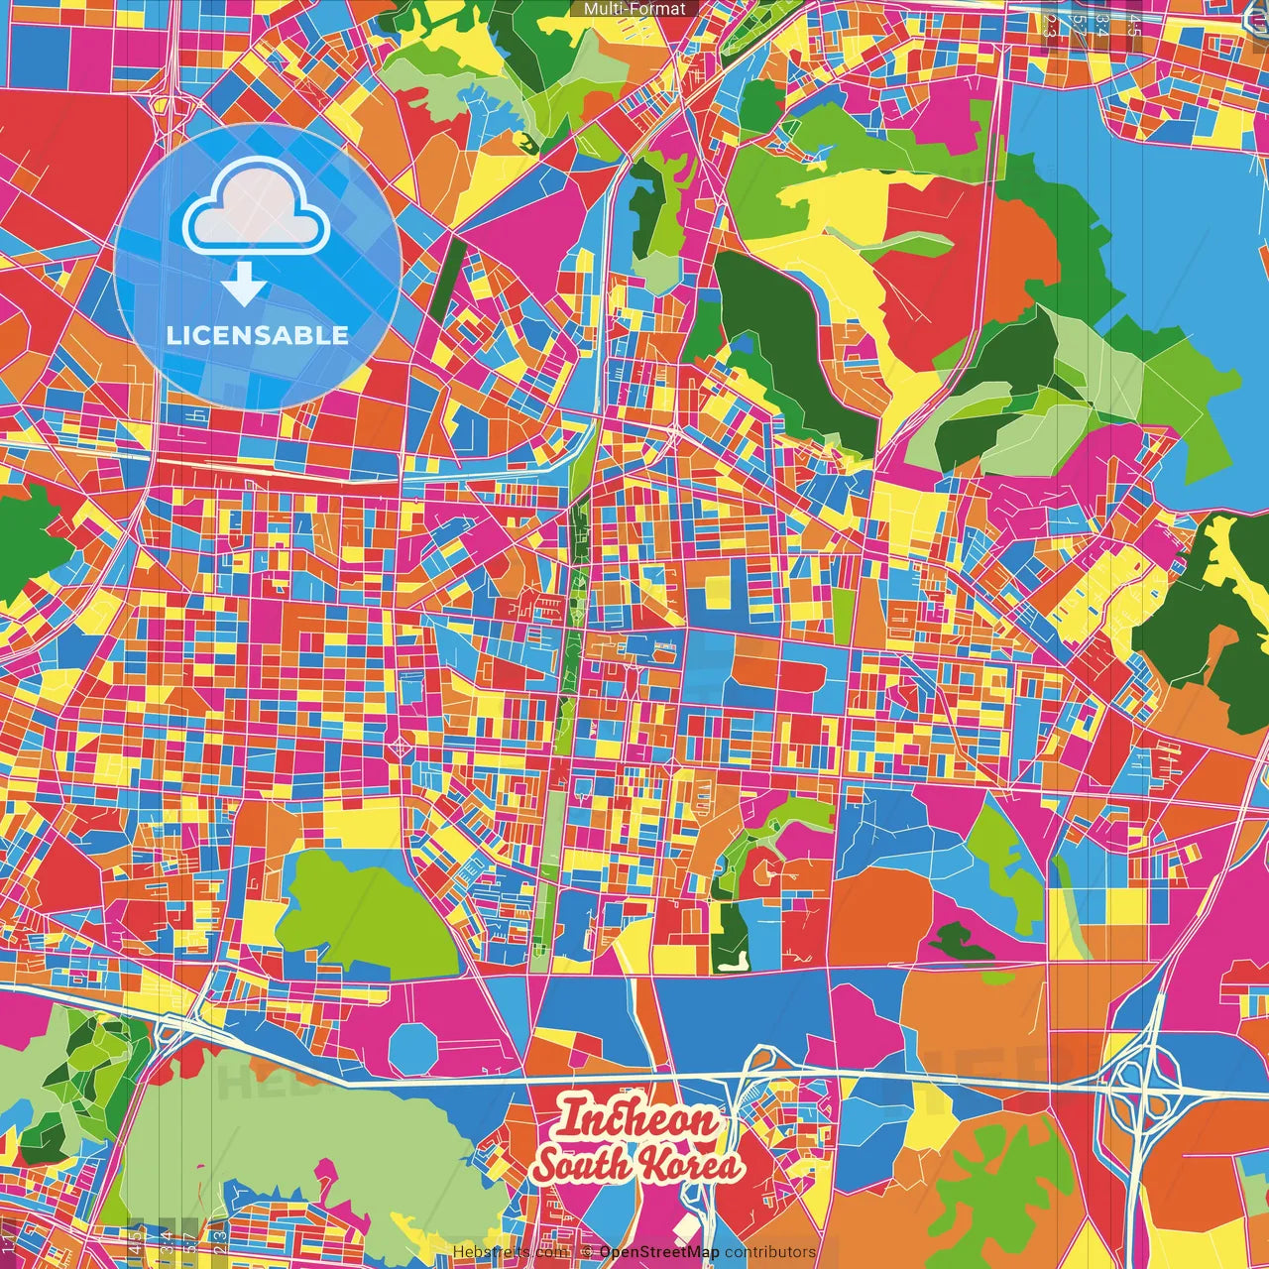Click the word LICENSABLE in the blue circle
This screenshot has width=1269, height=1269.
(x=257, y=335)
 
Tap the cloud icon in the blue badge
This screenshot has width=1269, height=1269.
(x=257, y=209)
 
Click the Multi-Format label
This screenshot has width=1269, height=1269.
(x=634, y=9)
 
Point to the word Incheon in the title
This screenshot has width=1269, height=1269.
(x=636, y=1121)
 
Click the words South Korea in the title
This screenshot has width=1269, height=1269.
(x=636, y=1166)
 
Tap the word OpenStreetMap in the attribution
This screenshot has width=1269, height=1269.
(x=659, y=1252)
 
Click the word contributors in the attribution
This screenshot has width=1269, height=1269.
(x=770, y=1252)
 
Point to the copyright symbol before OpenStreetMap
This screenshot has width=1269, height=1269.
(x=586, y=1252)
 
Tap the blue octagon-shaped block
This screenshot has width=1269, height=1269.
(x=412, y=1047)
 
